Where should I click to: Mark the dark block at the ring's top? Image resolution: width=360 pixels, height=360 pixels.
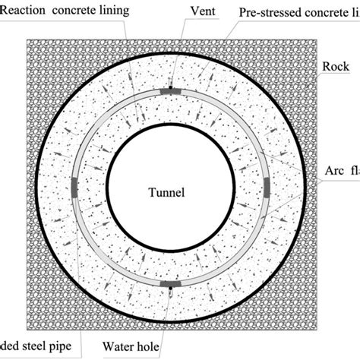[172, 92]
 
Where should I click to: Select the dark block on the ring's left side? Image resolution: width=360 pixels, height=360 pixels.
[74, 187]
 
